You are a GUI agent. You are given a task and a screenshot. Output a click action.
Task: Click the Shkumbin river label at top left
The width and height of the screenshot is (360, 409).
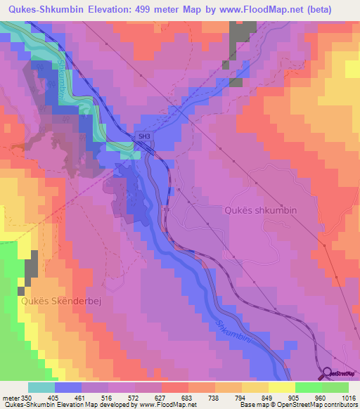pos(62,77)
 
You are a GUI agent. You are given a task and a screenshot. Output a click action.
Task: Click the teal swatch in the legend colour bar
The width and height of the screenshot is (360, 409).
pos(41,387)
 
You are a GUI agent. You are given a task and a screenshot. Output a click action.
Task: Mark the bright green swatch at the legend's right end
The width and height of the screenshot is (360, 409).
pos(335,387)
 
